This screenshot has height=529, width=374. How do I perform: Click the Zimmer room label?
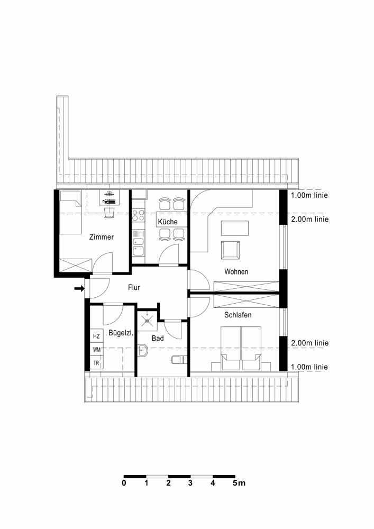coord(101,237)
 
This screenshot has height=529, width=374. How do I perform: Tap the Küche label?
coord(168,222)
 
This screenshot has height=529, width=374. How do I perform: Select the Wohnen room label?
coord(236,271)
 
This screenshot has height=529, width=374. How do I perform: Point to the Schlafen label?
coord(238,315)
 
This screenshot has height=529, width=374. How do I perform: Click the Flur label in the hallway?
coord(134,287)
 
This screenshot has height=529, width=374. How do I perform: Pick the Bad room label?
coord(158,338)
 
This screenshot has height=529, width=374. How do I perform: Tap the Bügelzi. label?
coord(121,333)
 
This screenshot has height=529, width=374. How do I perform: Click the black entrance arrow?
coord(79,288)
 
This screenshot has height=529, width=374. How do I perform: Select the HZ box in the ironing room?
coord(96,336)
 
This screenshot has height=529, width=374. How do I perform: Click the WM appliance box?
coord(97,350)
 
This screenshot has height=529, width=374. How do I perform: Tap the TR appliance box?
coord(96,363)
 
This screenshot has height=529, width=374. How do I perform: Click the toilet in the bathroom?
coord(179,360)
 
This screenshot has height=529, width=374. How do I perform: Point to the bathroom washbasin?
coord(143,351)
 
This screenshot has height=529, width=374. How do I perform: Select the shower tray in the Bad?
coord(147,319)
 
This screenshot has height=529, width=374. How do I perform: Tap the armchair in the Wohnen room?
coord(230,250)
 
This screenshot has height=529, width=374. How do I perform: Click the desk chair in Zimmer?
coord(110,213)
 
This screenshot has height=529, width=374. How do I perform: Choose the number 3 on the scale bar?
coord(190,483)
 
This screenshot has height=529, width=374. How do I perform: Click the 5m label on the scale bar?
coord(239,483)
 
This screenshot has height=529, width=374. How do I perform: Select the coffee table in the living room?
coord(235,228)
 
